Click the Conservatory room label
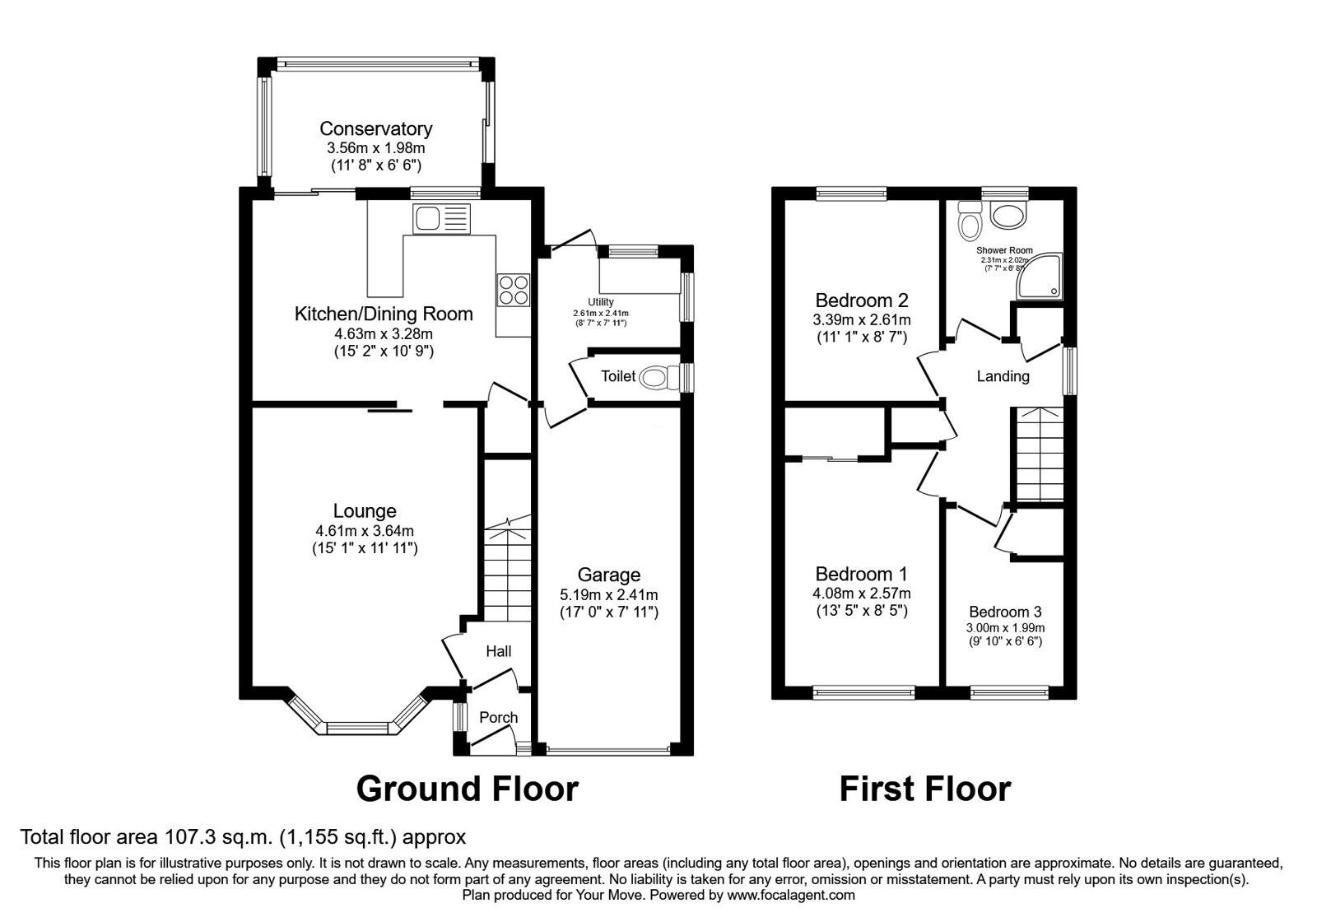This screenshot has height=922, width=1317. pyautogui.click(x=375, y=128)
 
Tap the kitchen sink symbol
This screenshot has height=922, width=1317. pyautogui.click(x=441, y=219)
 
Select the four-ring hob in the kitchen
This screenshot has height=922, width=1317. pyautogui.click(x=514, y=290)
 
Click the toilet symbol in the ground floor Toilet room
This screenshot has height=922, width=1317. pyautogui.click(x=658, y=377)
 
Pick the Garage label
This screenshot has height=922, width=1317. pyautogui.click(x=608, y=575)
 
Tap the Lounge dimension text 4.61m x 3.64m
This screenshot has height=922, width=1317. pyautogui.click(x=365, y=531)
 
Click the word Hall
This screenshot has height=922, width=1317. pyautogui.click(x=499, y=651)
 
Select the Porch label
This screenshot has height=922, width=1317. pyautogui.click(x=499, y=717)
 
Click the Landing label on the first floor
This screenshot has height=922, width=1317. pyautogui.click(x=1003, y=376)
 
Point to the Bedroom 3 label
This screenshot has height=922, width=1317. pyautogui.click(x=1005, y=612)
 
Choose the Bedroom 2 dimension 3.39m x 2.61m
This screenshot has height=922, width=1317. pyautogui.click(x=862, y=320)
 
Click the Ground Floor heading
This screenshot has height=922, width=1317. pyautogui.click(x=468, y=789)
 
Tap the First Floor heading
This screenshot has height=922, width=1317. pyautogui.click(x=925, y=789)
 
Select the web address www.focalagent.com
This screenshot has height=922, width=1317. pyautogui.click(x=791, y=895)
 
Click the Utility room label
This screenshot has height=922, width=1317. pyautogui.click(x=601, y=301)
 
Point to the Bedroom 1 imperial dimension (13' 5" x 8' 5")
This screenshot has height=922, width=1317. pyautogui.click(x=862, y=611)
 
